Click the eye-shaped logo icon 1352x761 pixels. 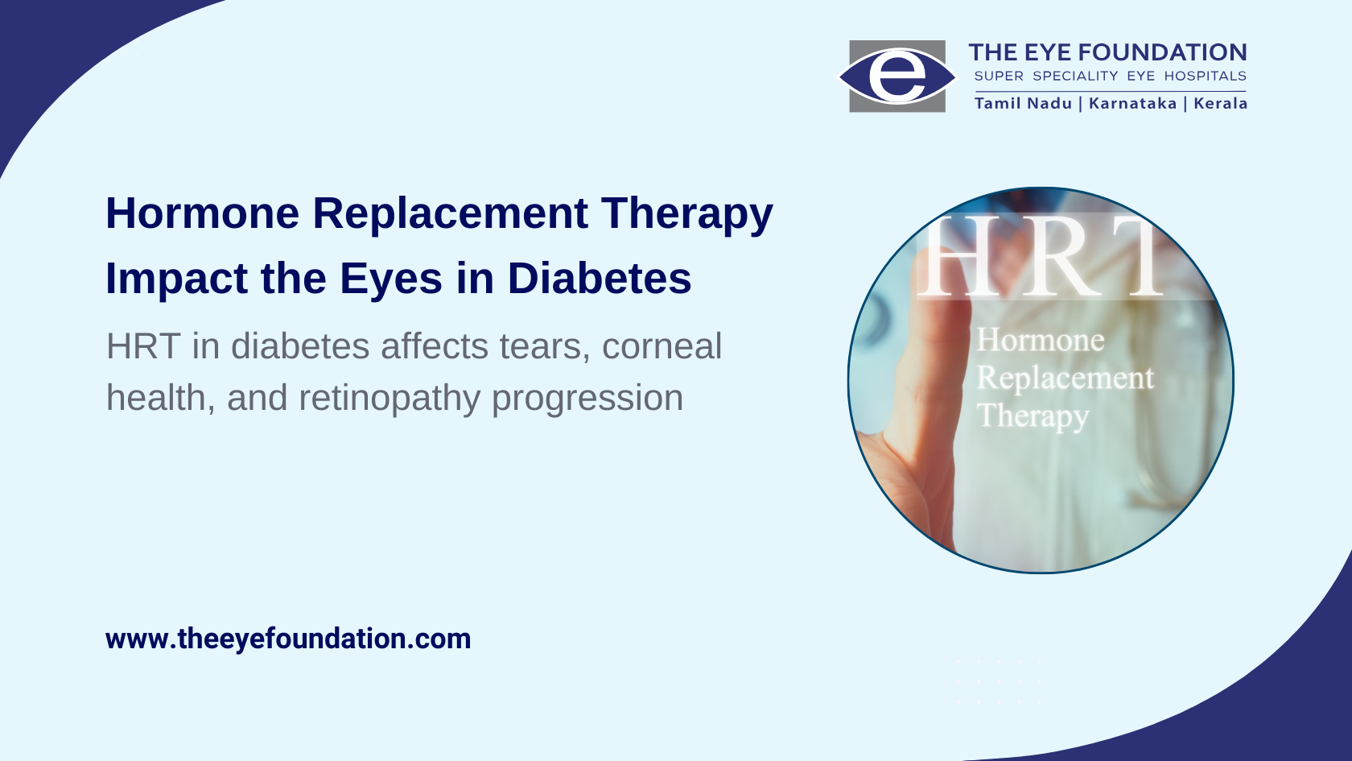click(897, 77)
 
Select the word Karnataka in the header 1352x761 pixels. click(1133, 103)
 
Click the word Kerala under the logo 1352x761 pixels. click(1220, 103)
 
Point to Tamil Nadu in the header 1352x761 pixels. click(1023, 103)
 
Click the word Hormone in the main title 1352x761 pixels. click(203, 213)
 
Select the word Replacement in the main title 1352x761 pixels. click(451, 214)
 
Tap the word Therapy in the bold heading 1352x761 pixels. click(687, 214)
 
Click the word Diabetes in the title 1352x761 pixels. click(600, 279)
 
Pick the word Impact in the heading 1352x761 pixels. click(176, 279)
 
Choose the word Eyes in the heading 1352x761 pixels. click(391, 279)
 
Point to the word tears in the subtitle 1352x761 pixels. click(544, 346)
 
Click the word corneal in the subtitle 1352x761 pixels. click(662, 346)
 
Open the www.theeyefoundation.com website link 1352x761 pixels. click(288, 639)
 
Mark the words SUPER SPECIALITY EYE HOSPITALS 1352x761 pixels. click(1111, 76)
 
